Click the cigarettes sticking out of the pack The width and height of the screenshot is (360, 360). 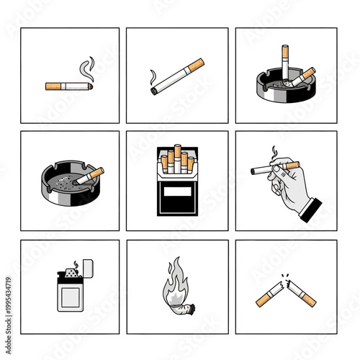(x=177, y=158)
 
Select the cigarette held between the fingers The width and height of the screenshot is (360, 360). (x=274, y=168)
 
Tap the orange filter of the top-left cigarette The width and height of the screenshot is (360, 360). (x=53, y=86)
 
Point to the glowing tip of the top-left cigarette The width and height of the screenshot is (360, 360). (x=90, y=86)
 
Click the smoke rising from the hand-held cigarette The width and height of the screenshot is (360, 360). (x=273, y=153)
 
